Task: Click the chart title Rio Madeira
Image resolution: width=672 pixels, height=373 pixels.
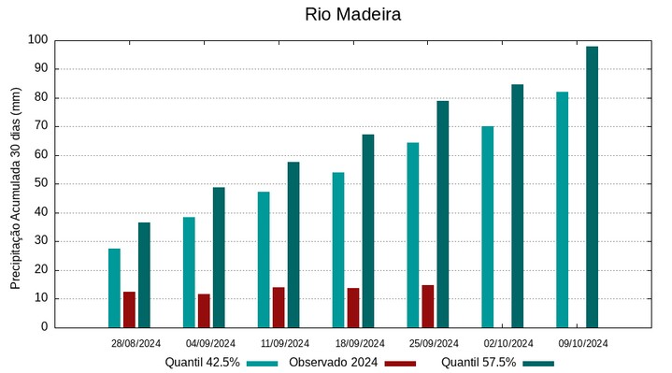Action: [353, 15]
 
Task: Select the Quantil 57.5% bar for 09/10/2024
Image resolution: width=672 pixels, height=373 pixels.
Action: [592, 187]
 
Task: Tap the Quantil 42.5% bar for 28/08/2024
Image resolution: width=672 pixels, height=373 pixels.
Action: [114, 288]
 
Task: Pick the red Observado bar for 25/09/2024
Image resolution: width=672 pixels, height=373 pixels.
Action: [427, 307]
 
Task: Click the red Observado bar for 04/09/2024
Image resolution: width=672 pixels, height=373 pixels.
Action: [204, 310]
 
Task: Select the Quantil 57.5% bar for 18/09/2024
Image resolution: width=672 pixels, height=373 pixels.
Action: [368, 231]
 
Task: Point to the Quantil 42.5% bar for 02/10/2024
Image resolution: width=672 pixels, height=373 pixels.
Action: [487, 227]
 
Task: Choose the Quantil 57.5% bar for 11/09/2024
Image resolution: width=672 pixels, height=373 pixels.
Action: [293, 245]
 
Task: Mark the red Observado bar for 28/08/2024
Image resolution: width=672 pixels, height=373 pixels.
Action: [129, 309]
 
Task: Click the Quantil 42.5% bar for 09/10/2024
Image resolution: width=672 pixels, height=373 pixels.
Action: [562, 209]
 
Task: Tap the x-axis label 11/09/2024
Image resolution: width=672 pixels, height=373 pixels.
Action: [285, 343]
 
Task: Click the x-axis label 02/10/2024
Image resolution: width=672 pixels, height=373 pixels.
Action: [508, 343]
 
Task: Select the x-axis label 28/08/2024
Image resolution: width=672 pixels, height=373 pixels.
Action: [136, 343]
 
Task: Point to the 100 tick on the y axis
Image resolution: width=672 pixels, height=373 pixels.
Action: [37, 40]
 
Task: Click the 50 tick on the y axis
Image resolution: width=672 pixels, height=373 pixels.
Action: [40, 184]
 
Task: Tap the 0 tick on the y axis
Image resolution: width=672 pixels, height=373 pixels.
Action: [43, 328]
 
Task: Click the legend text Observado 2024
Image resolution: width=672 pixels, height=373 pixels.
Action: [334, 363]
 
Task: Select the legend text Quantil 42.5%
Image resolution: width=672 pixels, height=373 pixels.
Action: [202, 363]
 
